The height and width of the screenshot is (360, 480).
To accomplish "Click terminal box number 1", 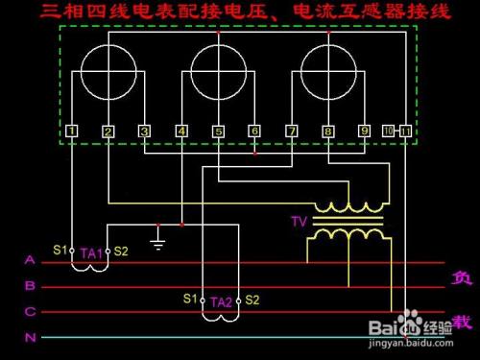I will (73, 132).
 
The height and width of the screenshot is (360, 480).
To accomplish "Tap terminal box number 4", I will (182, 132).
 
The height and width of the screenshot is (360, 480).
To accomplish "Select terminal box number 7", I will (292, 132).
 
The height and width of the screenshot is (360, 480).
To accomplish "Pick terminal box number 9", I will (365, 132).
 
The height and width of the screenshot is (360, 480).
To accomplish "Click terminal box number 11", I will (406, 132).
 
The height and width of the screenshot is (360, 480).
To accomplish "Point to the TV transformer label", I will (298, 223).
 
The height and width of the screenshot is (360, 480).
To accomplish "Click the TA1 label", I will (91, 252).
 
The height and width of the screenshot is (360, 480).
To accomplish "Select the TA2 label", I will (221, 301).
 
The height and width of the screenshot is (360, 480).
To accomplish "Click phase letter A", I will (30, 260).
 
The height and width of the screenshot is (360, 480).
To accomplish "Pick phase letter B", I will (30, 286).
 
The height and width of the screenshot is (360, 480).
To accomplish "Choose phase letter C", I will (30, 311).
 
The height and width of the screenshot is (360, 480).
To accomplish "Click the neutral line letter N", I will (30, 337).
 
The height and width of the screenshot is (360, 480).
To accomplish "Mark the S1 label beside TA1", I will (60, 251).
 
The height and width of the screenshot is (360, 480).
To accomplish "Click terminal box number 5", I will (219, 132).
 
